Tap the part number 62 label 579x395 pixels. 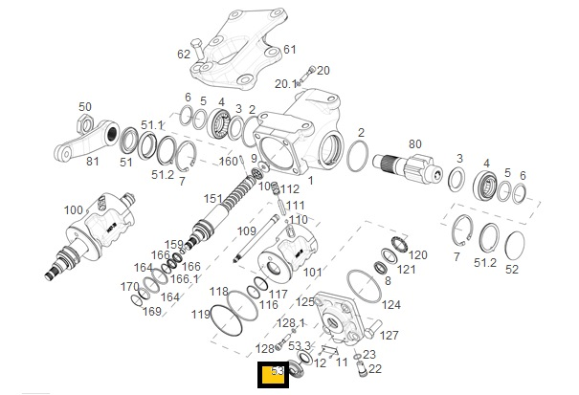(x=184, y=55)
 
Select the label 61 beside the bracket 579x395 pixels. (x=290, y=50)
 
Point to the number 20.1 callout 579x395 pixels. (x=286, y=84)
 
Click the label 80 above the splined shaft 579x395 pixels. (x=414, y=144)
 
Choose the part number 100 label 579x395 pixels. (x=73, y=210)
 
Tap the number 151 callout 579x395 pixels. (x=212, y=199)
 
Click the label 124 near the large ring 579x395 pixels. (x=391, y=305)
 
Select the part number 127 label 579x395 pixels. (x=390, y=336)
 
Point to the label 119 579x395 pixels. (x=200, y=315)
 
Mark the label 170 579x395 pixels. (x=129, y=287)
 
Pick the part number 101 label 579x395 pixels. (x=313, y=273)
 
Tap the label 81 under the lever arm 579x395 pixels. (x=93, y=162)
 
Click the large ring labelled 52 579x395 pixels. (x=518, y=245)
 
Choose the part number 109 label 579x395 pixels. (x=247, y=231)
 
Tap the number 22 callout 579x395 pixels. (x=375, y=369)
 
